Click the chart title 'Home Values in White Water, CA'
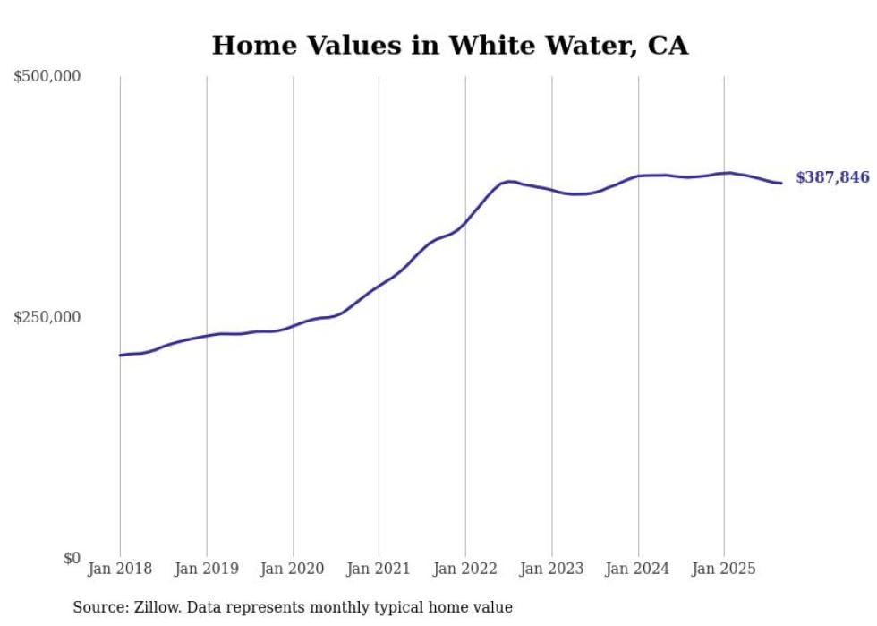point(450,46)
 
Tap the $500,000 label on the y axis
point(47,77)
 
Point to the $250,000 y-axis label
point(47,317)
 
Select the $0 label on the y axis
point(72,559)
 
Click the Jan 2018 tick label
point(120,570)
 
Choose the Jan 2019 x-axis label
point(207,570)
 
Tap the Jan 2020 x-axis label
point(293,570)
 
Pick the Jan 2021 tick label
point(379,570)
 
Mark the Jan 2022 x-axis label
point(465,570)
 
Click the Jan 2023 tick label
point(551,570)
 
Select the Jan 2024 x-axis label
point(638,570)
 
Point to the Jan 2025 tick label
point(724,570)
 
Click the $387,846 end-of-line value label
point(832,178)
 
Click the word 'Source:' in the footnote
point(98,608)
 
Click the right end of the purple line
point(781,184)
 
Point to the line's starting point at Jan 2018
point(121,356)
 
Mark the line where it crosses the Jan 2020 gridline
point(293,326)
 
